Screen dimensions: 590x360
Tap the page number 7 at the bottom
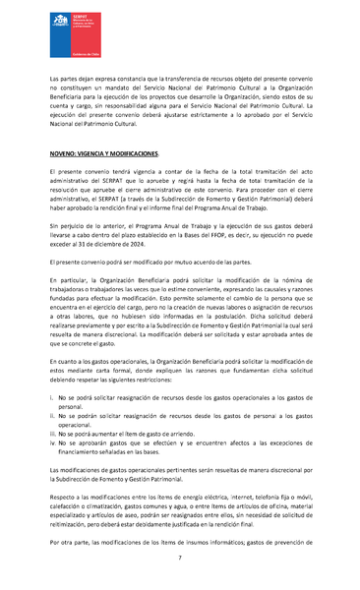click(x=180, y=560)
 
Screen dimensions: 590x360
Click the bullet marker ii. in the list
click(x=53, y=417)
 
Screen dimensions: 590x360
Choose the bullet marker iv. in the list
click(x=53, y=442)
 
